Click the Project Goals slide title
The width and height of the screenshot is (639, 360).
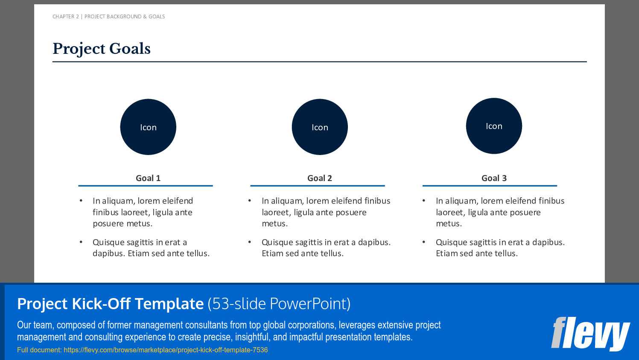[x=101, y=49]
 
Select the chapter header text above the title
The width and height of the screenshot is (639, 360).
[x=109, y=17]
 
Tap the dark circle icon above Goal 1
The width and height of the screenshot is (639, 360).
[x=148, y=127]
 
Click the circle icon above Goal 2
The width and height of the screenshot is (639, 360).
[x=320, y=127]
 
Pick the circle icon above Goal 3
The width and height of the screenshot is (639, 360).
[x=494, y=126]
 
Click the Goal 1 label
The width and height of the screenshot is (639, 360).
[x=148, y=178]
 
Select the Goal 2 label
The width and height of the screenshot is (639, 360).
[x=320, y=178]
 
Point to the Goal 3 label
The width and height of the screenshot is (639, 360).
[x=494, y=178]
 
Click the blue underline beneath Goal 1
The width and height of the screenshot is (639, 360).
[x=146, y=186]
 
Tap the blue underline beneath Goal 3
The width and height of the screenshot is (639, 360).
[x=490, y=186]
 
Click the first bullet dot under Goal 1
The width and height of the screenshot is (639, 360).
[x=81, y=201]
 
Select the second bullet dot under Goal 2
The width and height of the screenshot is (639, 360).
[x=250, y=242]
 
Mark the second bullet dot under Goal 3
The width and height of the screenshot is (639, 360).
[x=423, y=242]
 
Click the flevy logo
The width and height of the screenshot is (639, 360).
[x=590, y=334]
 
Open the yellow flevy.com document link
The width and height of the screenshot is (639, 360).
[x=166, y=350]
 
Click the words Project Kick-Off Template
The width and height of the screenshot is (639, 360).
[x=111, y=304]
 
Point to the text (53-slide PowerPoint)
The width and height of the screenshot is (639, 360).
[x=279, y=304]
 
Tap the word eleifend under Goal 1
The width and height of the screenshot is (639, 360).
[x=178, y=201]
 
